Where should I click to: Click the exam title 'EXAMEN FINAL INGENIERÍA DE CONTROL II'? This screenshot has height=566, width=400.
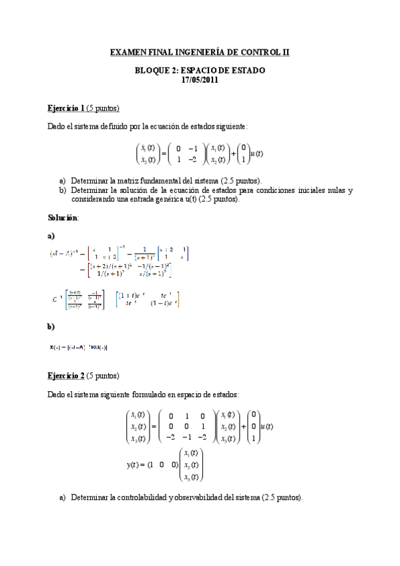click(x=200, y=51)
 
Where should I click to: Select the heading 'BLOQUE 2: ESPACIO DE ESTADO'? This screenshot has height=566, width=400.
click(x=200, y=70)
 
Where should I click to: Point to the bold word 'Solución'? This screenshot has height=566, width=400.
click(x=63, y=218)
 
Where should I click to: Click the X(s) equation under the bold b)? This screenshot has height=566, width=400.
click(x=79, y=346)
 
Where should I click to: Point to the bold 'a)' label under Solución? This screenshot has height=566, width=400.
click(x=51, y=236)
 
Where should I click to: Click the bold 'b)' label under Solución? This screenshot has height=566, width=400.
click(x=51, y=326)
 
